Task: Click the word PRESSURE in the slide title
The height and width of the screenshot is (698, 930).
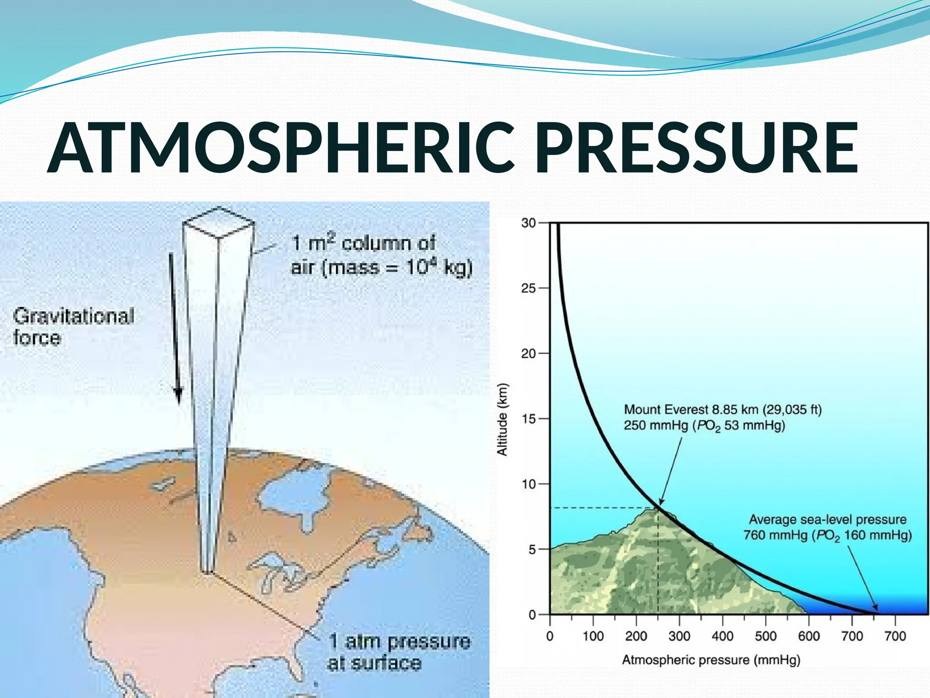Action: pos(697,148)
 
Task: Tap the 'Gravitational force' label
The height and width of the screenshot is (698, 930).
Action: pos(74,326)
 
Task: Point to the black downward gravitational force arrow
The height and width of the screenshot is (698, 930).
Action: pos(175,327)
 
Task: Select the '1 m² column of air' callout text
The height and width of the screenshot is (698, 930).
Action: pos(381,255)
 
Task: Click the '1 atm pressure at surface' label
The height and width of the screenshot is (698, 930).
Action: pos(399,652)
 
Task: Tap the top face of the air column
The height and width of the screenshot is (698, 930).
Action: pos(218,222)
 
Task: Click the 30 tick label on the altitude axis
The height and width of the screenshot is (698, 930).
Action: pos(529,223)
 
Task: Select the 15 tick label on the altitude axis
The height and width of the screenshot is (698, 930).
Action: pos(529,419)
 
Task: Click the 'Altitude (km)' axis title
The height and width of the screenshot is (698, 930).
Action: pos(502,419)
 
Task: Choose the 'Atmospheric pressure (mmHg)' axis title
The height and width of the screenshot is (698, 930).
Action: pos(711,660)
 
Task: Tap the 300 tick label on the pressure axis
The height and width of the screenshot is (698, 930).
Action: pos(679,636)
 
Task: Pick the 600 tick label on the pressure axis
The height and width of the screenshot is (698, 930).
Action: pos(809,636)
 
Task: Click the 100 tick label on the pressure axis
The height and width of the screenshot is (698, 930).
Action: pos(593,636)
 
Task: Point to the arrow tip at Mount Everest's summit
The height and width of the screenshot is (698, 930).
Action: pos(660,505)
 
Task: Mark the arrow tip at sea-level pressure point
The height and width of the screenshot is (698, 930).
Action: pos(877,611)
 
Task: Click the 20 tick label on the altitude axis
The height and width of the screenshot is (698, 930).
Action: pos(529,354)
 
